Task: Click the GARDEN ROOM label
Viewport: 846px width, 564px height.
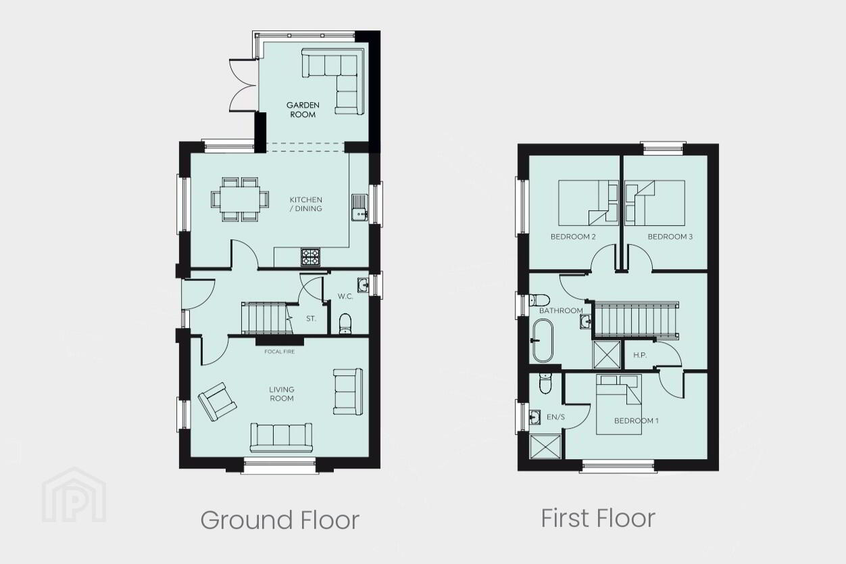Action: [x=303, y=110]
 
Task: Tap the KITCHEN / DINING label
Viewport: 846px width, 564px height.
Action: [x=306, y=204]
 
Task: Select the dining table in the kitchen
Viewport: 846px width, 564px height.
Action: [x=240, y=199]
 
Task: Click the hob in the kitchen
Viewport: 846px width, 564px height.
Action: [x=310, y=257]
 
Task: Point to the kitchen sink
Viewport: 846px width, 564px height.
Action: [x=359, y=207]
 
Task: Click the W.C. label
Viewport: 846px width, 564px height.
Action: [x=345, y=296]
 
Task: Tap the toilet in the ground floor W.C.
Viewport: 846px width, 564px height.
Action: [x=345, y=324]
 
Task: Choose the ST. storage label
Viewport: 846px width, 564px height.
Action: [x=311, y=319]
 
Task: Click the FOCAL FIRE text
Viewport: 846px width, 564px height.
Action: [x=280, y=352]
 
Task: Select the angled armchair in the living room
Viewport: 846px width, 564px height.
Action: [x=217, y=402]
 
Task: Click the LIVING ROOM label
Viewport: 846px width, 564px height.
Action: [x=282, y=394]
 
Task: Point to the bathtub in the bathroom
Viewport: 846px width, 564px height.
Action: [x=543, y=341]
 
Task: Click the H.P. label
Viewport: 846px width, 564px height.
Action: [x=640, y=355]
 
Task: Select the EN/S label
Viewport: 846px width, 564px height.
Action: [x=555, y=417]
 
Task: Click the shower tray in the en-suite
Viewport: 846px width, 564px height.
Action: [x=545, y=447]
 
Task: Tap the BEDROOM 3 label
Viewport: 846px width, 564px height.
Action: [x=670, y=237]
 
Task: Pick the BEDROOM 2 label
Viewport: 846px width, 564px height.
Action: [x=573, y=237]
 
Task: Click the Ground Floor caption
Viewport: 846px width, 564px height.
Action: [x=280, y=520]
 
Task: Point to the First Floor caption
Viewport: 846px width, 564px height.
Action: [x=598, y=518]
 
